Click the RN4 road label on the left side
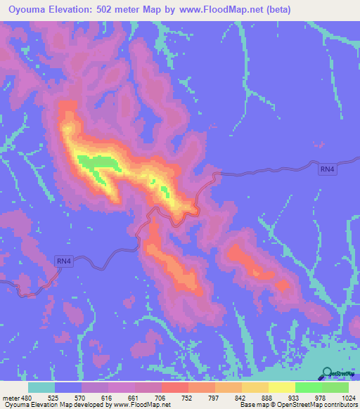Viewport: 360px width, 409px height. [64, 261]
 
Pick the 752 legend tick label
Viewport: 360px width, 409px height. [188, 397]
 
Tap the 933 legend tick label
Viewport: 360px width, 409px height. [294, 397]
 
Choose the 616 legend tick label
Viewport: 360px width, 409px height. [108, 397]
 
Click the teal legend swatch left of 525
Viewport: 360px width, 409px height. [41, 387]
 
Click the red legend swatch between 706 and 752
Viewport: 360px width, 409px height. [174, 387]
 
